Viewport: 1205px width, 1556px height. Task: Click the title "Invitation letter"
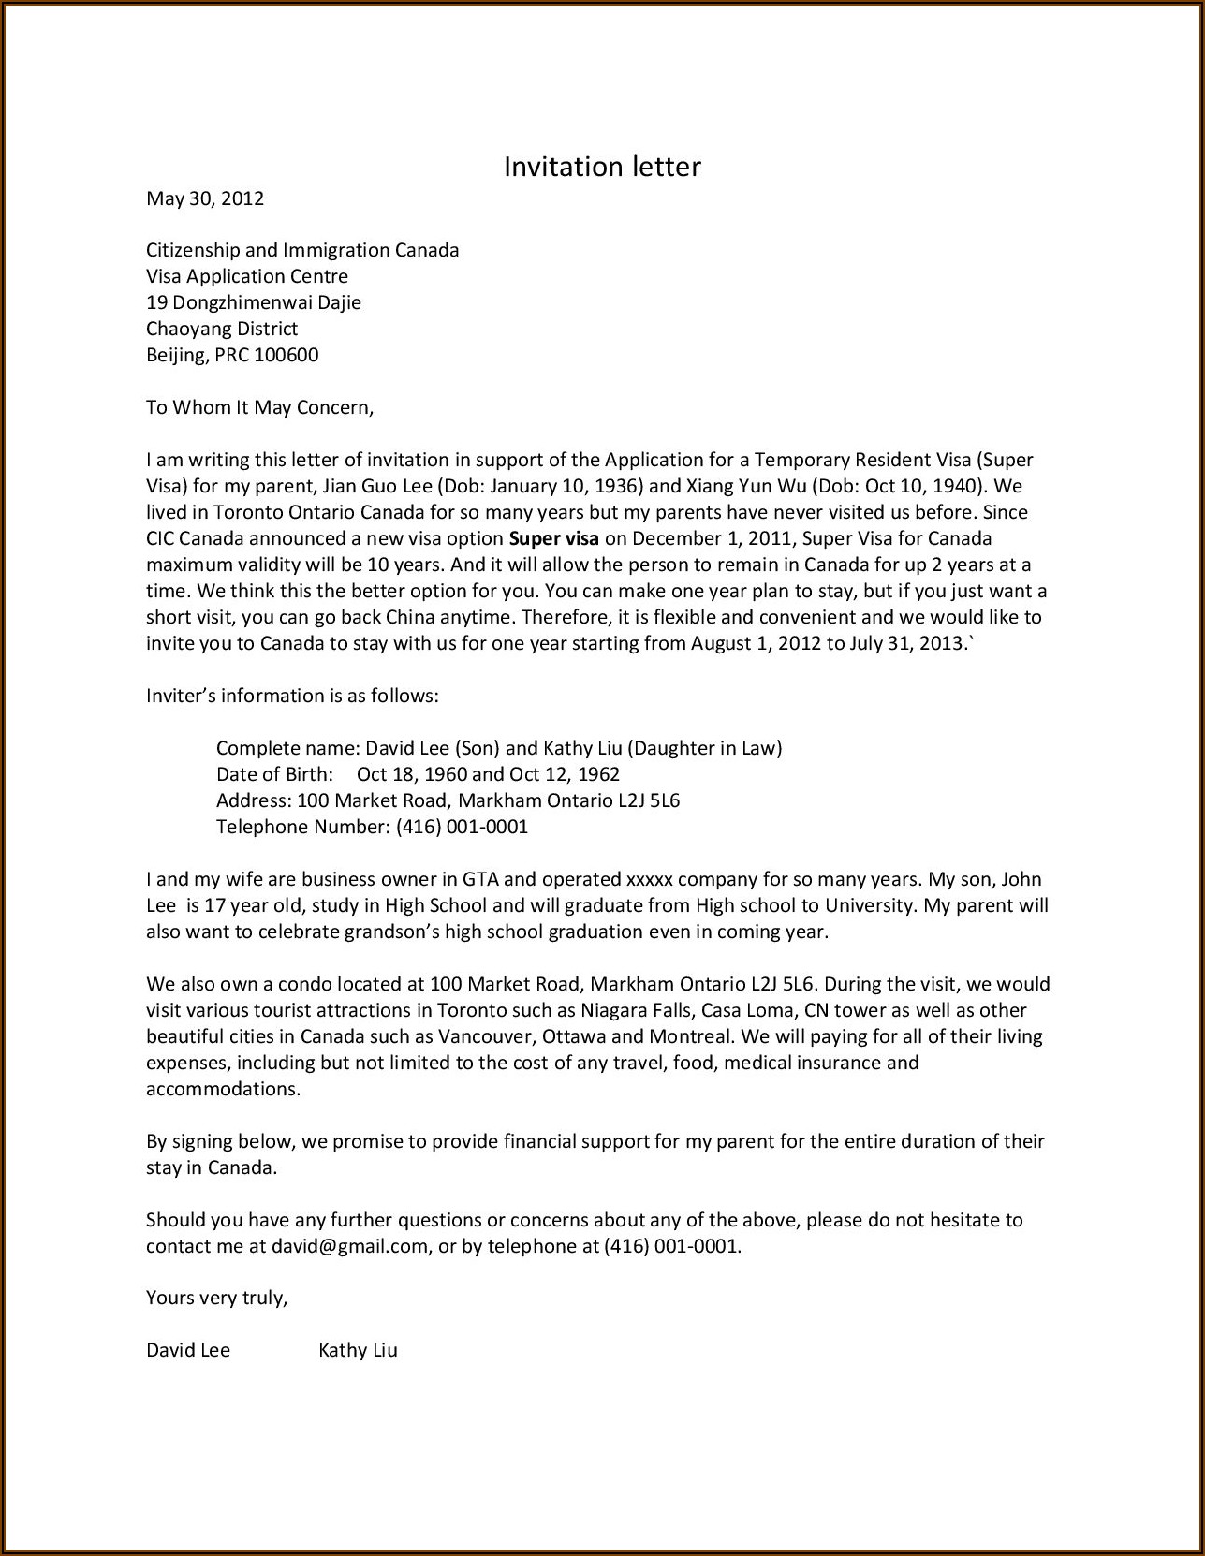pyautogui.click(x=602, y=167)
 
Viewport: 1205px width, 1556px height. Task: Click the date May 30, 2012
pyautogui.click(x=205, y=198)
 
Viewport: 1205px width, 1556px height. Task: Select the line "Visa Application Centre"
pyautogui.click(x=247, y=276)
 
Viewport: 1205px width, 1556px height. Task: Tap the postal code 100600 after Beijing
pyautogui.click(x=287, y=355)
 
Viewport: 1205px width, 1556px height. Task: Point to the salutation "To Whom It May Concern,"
pyautogui.click(x=259, y=407)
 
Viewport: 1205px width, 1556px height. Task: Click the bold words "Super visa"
pyautogui.click(x=553, y=538)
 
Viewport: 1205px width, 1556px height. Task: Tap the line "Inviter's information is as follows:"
pyautogui.click(x=292, y=696)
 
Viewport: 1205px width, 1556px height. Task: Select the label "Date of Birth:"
pyautogui.click(x=274, y=774)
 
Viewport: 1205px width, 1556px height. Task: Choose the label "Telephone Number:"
pyautogui.click(x=302, y=827)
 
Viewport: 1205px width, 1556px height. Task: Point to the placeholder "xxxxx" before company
pyautogui.click(x=649, y=879)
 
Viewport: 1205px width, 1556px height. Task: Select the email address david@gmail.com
pyautogui.click(x=349, y=1246)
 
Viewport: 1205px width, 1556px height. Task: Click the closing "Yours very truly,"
pyautogui.click(x=216, y=1298)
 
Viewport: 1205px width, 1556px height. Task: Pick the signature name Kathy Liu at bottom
pyautogui.click(x=358, y=1350)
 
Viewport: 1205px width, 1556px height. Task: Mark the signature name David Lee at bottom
pyautogui.click(x=188, y=1350)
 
